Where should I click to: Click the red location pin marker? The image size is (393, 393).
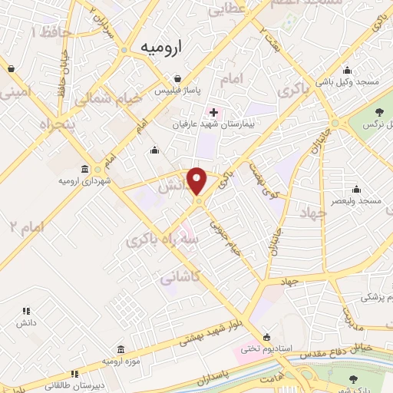point(198,181)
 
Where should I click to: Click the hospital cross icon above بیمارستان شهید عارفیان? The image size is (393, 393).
point(213,113)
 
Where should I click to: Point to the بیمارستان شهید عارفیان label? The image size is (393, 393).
point(213,123)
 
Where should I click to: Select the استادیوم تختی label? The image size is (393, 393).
point(266,348)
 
